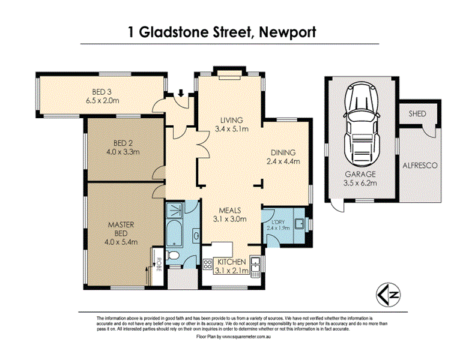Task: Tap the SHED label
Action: (x=417, y=113)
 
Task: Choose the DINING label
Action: (x=282, y=152)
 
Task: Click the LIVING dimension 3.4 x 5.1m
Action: (x=232, y=128)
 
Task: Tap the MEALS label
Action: (x=229, y=211)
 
